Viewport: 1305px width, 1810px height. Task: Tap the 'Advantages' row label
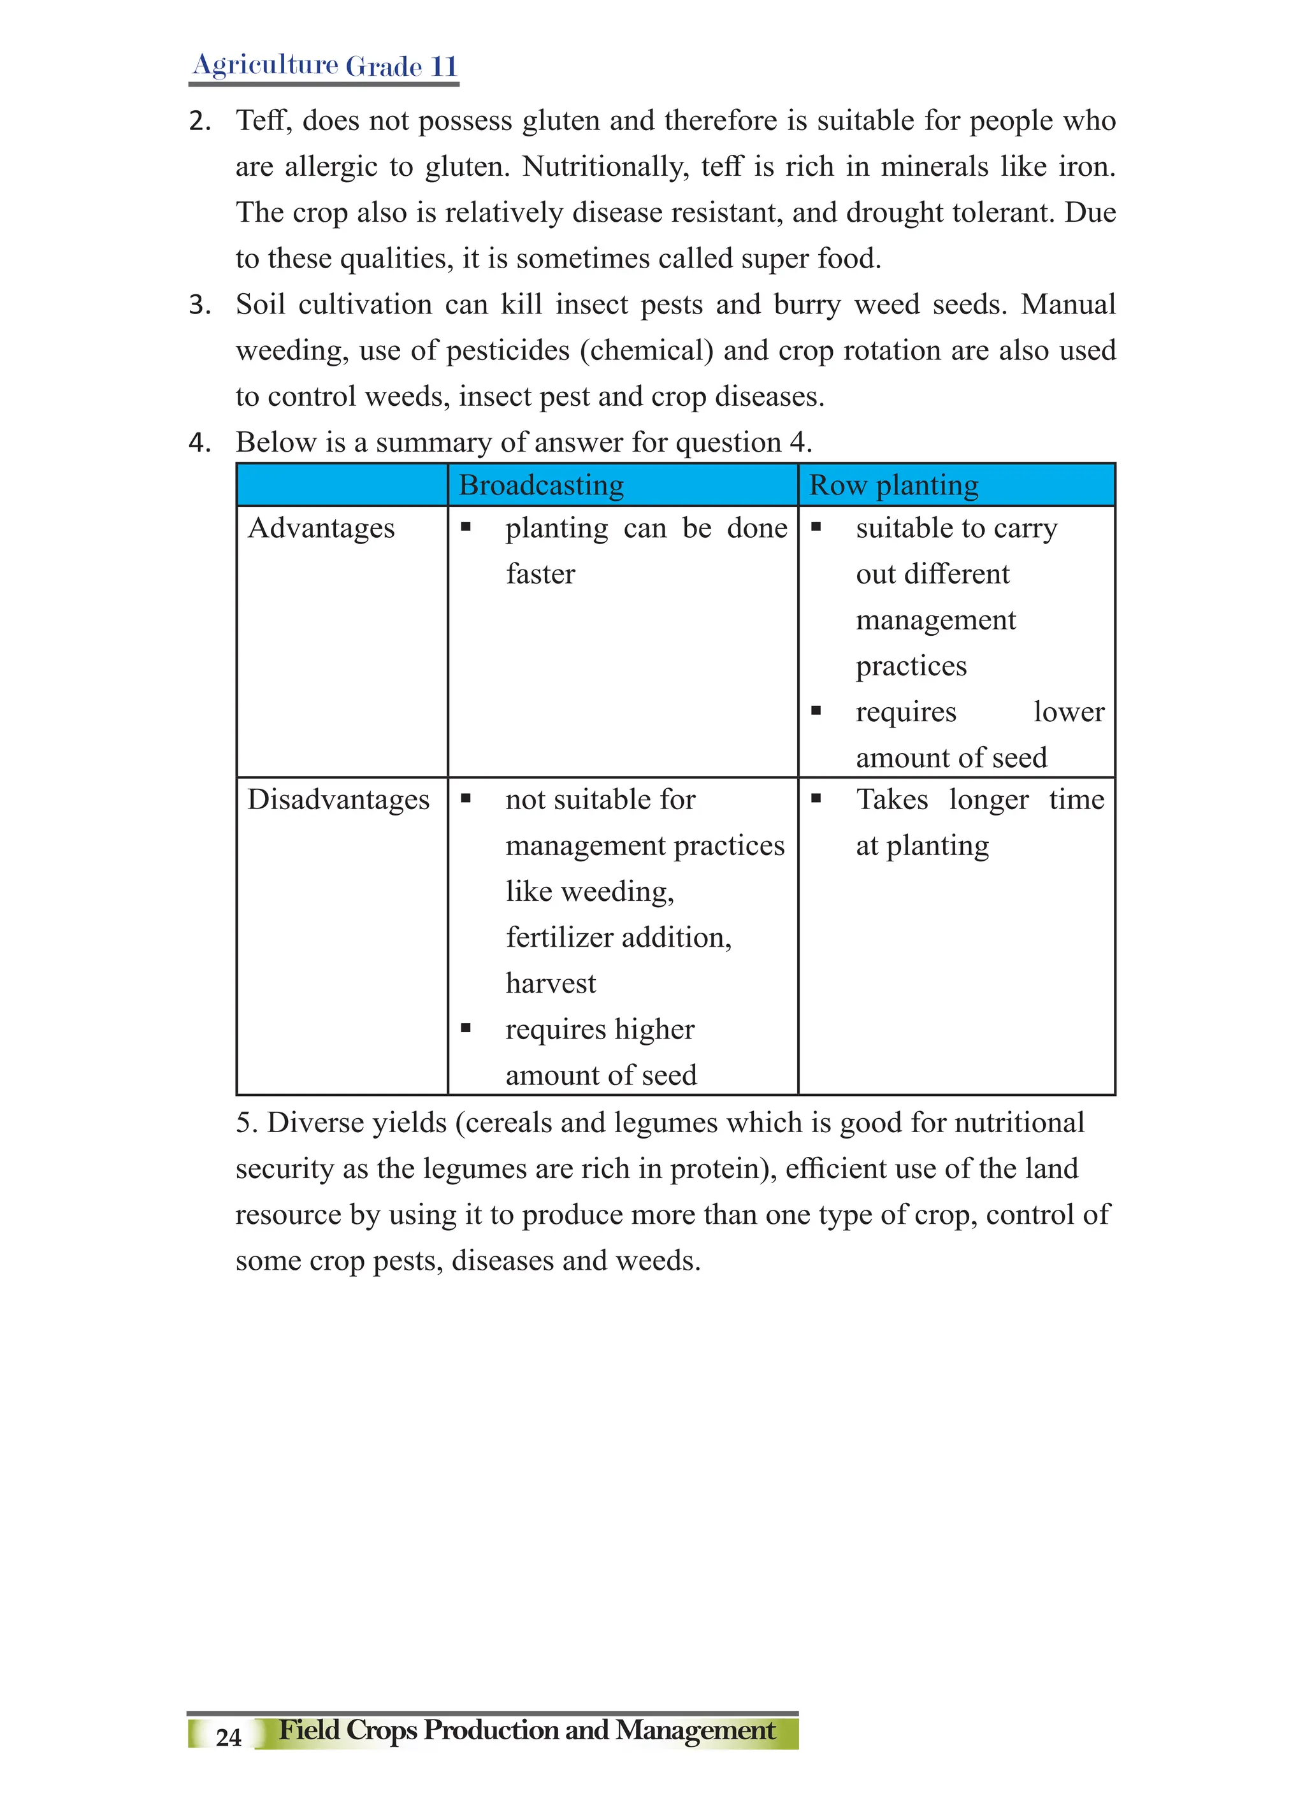321,528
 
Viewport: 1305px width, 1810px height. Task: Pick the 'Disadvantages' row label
338,800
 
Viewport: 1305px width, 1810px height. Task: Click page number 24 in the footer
228,1737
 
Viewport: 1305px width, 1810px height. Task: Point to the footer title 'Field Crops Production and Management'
527,1730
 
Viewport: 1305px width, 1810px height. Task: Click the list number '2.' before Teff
199,121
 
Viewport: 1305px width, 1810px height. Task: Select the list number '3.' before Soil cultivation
199,305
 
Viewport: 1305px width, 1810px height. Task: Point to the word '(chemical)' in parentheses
647,351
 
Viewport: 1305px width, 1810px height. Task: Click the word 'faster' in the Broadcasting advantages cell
540,575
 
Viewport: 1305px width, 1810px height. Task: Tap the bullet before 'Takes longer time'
816,798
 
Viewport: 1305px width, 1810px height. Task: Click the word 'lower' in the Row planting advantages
1069,712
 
